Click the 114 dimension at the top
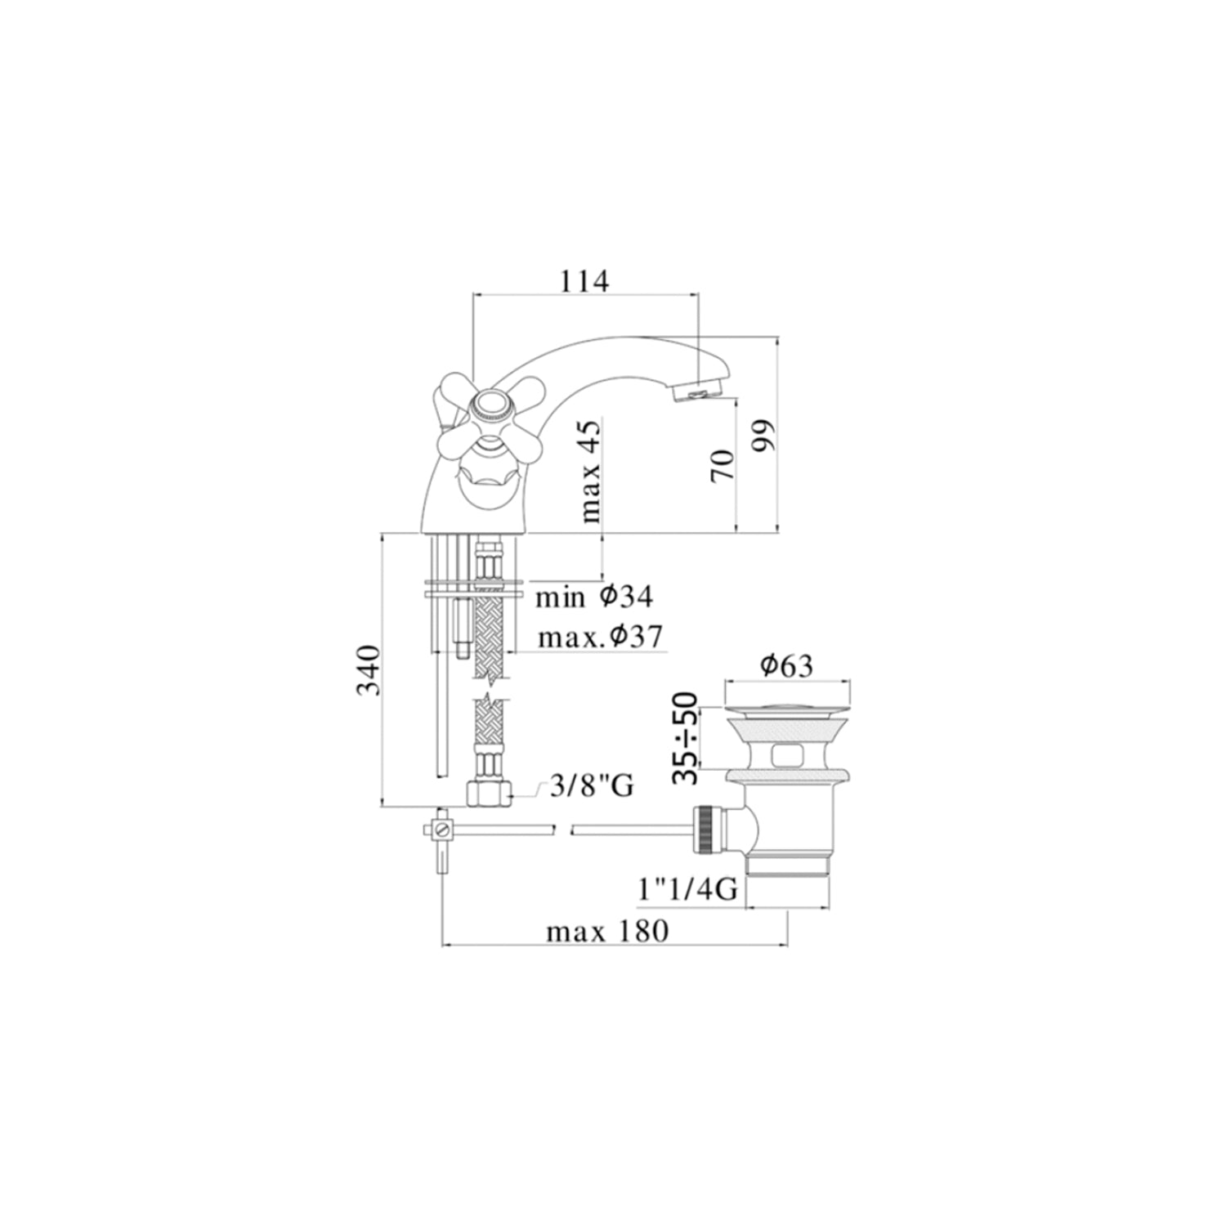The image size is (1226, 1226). [584, 281]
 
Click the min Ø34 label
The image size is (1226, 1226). [593, 597]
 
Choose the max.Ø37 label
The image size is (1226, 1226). [600, 638]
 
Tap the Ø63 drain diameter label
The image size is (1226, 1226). [786, 666]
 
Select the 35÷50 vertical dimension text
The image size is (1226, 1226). [688, 738]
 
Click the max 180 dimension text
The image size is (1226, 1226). [607, 931]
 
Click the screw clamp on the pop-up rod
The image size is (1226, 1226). [442, 830]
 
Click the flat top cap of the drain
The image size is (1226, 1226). [788, 695]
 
